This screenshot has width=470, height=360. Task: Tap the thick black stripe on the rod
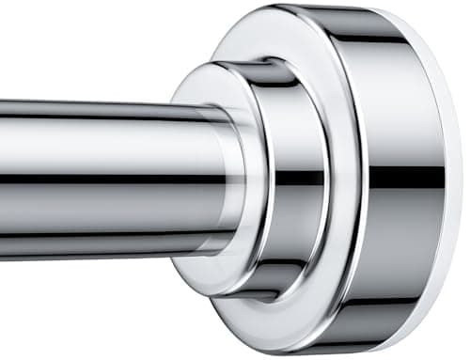(x=94, y=178)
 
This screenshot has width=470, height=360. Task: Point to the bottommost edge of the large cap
(x=348, y=353)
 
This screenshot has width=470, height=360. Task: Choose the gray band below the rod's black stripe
(x=94, y=211)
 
